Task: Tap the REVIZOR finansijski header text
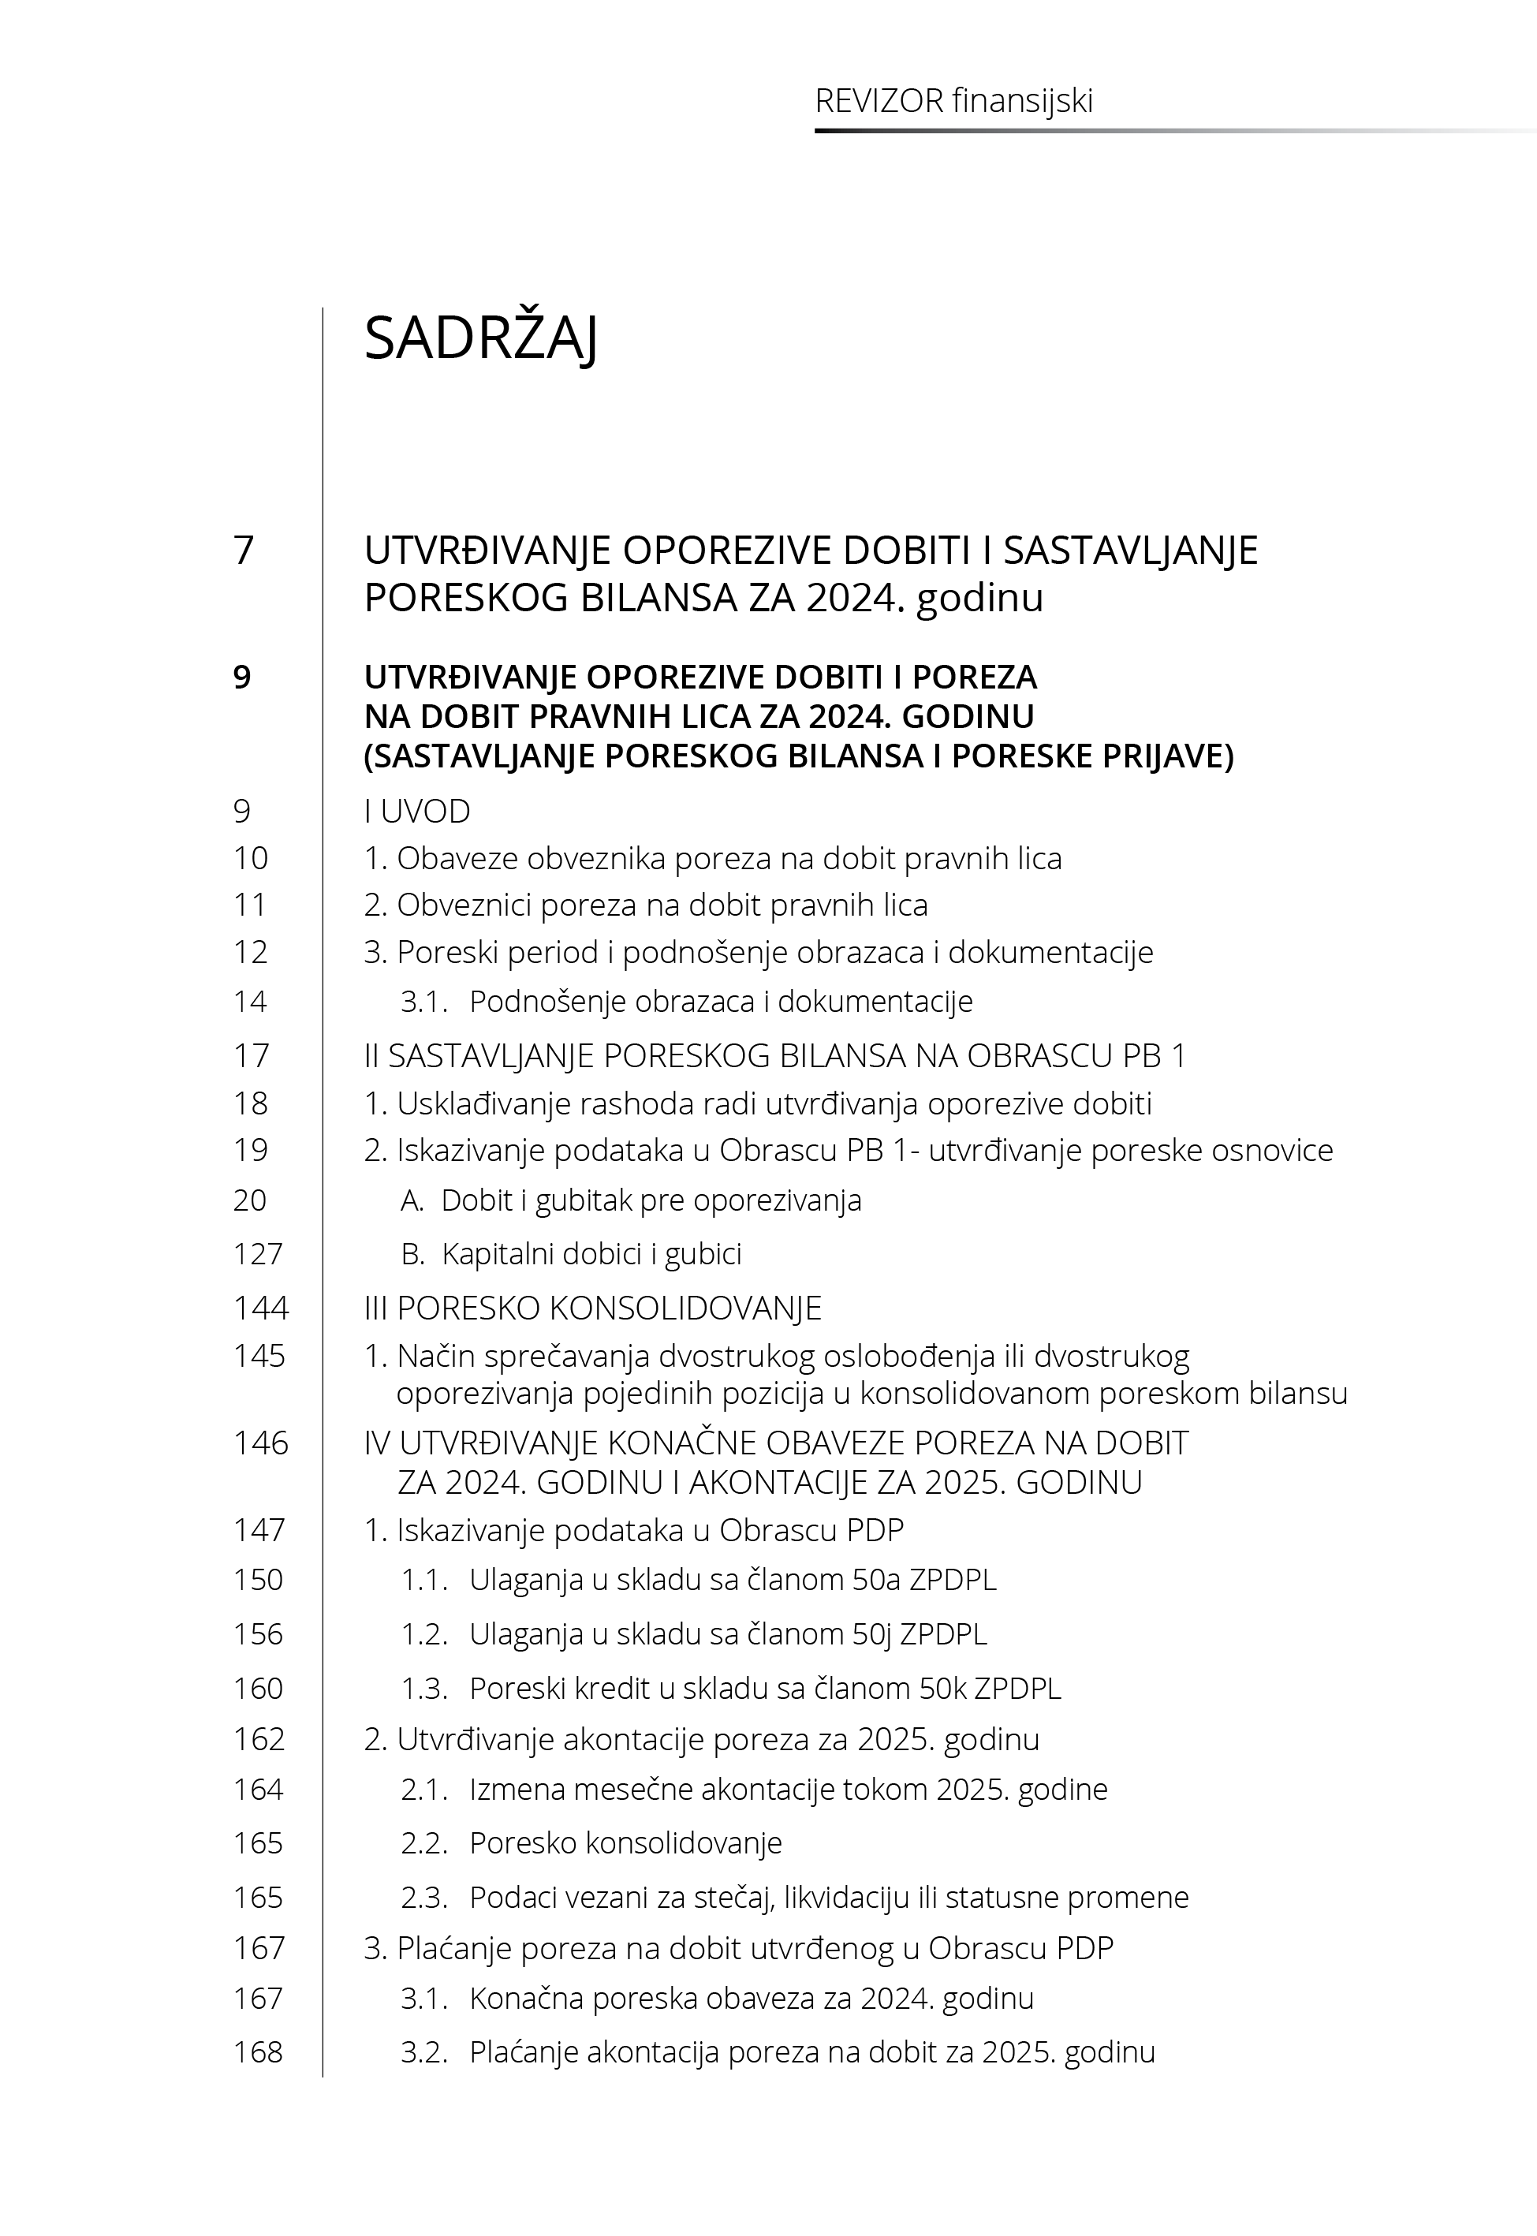pyautogui.click(x=953, y=101)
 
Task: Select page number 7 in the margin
pyautogui.click(x=244, y=551)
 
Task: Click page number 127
pyautogui.click(x=257, y=1254)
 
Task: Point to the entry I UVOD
pyautogui.click(x=417, y=812)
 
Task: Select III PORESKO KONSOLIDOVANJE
pyautogui.click(x=592, y=1308)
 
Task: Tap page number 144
pyautogui.click(x=260, y=1308)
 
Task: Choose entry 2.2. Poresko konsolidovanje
pyautogui.click(x=625, y=1843)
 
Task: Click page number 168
pyautogui.click(x=258, y=2052)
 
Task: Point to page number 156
pyautogui.click(x=258, y=1634)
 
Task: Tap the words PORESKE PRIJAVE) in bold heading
pyautogui.click(x=1092, y=757)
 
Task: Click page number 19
pyautogui.click(x=251, y=1151)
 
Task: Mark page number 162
pyautogui.click(x=259, y=1740)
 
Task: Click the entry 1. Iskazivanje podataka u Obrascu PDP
pyautogui.click(x=634, y=1530)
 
